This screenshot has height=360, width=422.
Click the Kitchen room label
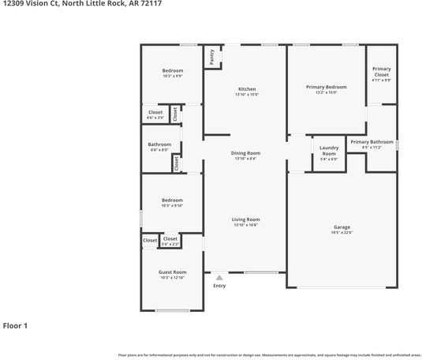point(246,89)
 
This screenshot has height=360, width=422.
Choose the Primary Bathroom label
point(372,142)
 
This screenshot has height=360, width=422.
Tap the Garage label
point(342,227)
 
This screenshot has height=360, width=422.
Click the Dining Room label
point(246,153)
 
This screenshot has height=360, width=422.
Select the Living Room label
point(246,219)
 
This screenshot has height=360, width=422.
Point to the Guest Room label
point(172,272)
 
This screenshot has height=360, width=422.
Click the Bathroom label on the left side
point(159,144)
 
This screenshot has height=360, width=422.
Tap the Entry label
point(219,286)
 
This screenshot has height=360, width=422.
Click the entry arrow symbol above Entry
point(219,277)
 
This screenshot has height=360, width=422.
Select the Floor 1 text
point(15,325)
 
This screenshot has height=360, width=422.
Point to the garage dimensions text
point(342,232)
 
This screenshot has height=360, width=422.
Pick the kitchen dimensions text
point(246,95)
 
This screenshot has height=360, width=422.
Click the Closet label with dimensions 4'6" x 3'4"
point(155,118)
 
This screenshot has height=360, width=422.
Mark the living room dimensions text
point(246,225)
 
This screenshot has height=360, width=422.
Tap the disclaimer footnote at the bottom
point(269,354)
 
